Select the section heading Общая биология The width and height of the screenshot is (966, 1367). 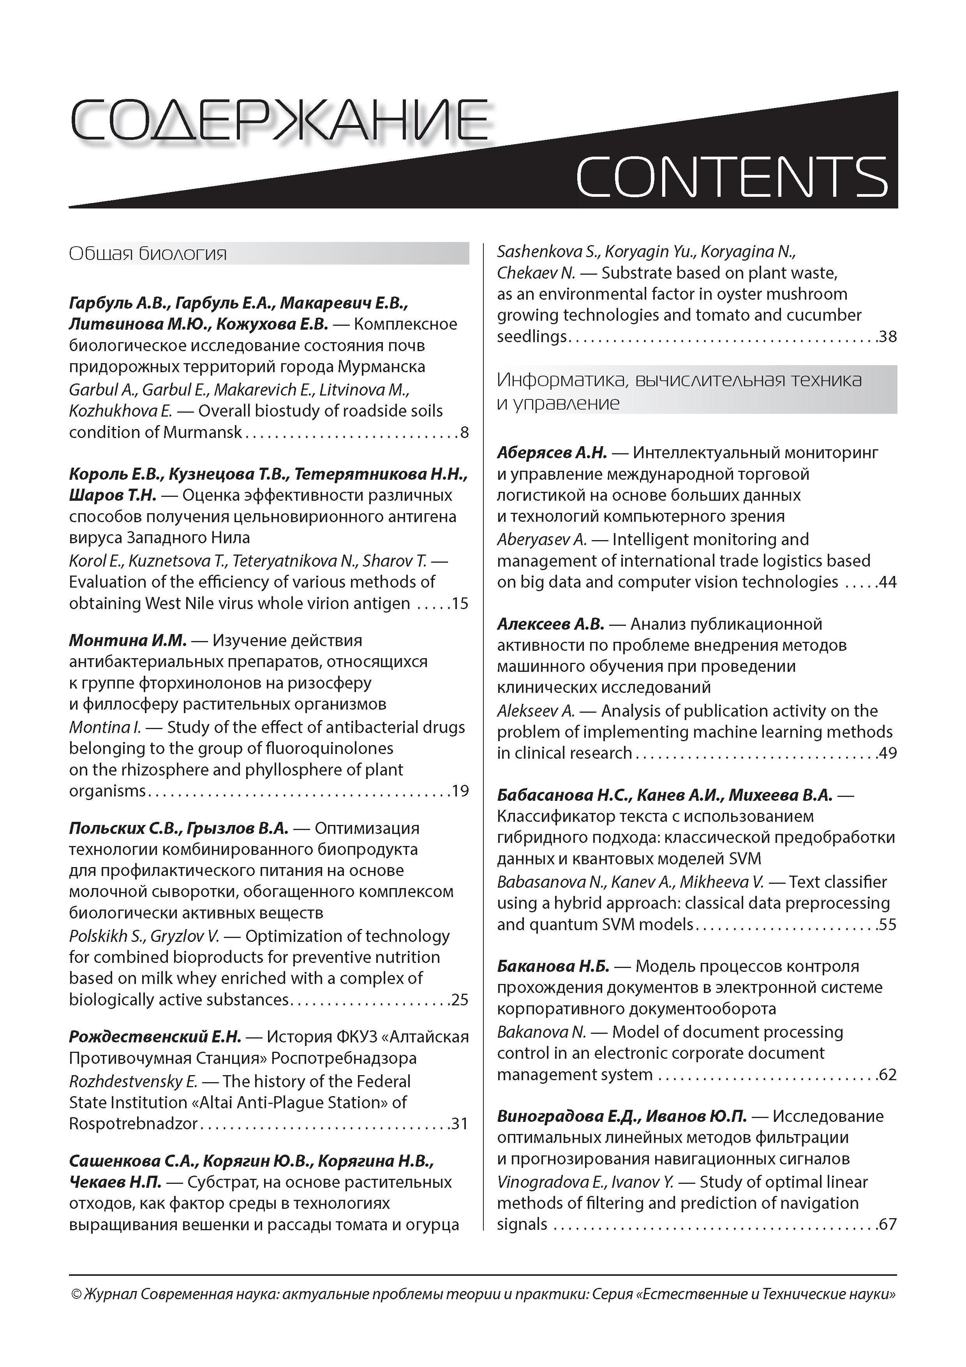(148, 254)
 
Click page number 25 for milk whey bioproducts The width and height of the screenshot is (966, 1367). (460, 999)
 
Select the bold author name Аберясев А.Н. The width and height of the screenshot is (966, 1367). (552, 453)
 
